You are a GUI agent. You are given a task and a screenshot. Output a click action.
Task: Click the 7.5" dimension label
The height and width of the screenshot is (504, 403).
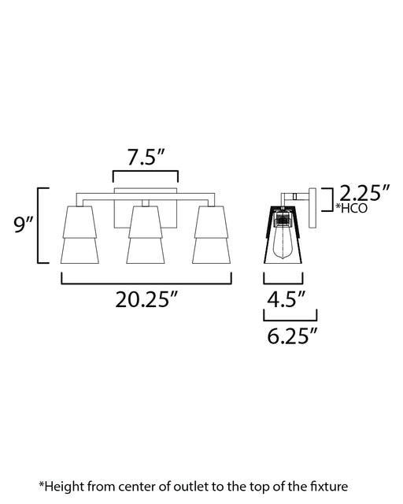click(x=146, y=157)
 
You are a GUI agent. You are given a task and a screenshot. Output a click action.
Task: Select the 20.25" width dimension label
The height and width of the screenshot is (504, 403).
click(x=146, y=300)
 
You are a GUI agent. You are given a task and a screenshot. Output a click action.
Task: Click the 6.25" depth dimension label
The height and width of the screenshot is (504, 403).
click(x=292, y=336)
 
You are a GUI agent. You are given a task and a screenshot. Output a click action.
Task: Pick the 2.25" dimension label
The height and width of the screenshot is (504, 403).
click(x=364, y=194)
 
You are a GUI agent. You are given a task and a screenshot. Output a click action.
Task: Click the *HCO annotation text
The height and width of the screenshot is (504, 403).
click(x=351, y=208)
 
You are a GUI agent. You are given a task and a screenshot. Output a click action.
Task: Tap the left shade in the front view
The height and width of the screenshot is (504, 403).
click(x=79, y=235)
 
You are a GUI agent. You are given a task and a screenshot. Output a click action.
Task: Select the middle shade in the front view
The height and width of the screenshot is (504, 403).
click(x=146, y=235)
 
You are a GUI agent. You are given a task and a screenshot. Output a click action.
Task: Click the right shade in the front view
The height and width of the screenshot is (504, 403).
click(x=212, y=235)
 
